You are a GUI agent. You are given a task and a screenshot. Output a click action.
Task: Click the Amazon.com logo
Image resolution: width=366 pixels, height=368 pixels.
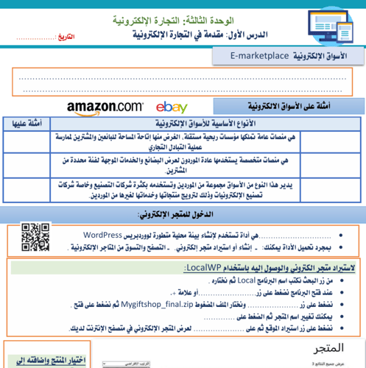105,107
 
